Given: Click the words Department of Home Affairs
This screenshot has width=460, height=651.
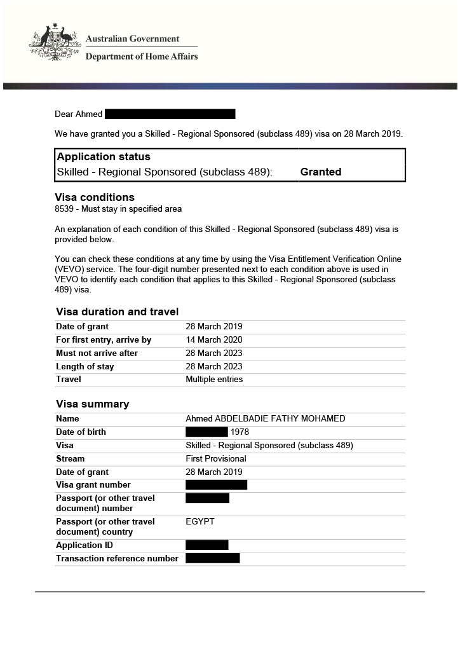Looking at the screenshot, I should pyautogui.click(x=142, y=57).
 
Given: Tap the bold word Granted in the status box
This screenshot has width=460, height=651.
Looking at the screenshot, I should pyautogui.click(x=320, y=172).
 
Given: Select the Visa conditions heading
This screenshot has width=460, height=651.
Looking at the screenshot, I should pyautogui.click(x=95, y=197).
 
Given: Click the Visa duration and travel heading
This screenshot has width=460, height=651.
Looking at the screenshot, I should pyautogui.click(x=117, y=312).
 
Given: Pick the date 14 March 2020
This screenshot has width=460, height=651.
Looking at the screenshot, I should pyautogui.click(x=213, y=339).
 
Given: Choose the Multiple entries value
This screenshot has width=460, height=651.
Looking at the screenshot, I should pyautogui.click(x=213, y=379).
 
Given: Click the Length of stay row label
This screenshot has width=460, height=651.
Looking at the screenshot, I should pyautogui.click(x=85, y=366).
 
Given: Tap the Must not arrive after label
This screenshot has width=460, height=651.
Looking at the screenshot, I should pyautogui.click(x=97, y=353).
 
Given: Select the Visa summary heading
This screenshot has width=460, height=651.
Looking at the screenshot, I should pyautogui.click(x=92, y=404).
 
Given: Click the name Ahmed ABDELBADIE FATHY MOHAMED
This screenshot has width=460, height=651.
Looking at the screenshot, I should pyautogui.click(x=265, y=418).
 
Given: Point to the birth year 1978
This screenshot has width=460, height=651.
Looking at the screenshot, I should pyautogui.click(x=240, y=432).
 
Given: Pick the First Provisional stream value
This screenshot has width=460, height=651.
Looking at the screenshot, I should pyautogui.click(x=215, y=458).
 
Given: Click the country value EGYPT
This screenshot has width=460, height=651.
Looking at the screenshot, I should pyautogui.click(x=200, y=521).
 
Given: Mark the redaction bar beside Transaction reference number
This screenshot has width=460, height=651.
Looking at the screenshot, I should pyautogui.click(x=212, y=558).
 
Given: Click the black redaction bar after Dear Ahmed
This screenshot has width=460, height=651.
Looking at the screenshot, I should pyautogui.click(x=170, y=114).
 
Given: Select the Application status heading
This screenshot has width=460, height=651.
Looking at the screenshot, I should pyautogui.click(x=104, y=157).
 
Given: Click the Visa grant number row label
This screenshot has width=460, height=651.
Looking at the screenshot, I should pyautogui.click(x=93, y=484).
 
